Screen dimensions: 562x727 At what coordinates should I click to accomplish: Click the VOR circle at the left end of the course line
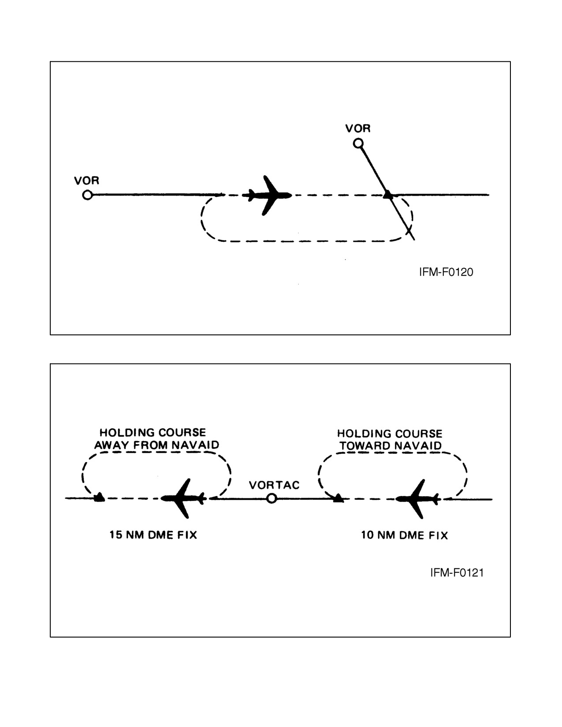87,195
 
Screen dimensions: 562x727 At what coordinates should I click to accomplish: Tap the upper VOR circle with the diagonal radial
358,144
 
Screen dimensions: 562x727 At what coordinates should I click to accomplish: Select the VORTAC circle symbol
272,498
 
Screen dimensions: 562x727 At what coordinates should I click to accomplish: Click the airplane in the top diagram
267,195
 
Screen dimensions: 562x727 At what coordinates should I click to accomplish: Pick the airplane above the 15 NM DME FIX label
183,498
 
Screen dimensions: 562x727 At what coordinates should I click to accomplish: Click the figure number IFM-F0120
446,272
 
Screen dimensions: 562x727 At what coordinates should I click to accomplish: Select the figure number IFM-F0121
457,573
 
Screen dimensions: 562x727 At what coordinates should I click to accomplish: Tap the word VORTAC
274,485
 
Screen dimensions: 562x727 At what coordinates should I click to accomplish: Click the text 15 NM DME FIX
153,535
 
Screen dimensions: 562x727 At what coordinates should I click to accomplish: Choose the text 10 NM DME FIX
404,535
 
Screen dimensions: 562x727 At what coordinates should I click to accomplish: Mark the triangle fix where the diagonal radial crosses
388,195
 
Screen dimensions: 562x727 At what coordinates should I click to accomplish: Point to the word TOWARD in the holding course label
361,445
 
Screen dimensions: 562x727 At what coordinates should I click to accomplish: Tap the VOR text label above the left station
87,181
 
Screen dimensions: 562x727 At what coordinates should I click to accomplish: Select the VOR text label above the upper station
358,129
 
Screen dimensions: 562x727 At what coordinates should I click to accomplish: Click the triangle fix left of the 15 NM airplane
99,497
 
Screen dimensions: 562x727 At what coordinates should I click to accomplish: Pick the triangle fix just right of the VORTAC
339,498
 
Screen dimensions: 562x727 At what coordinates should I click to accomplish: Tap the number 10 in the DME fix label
367,535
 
